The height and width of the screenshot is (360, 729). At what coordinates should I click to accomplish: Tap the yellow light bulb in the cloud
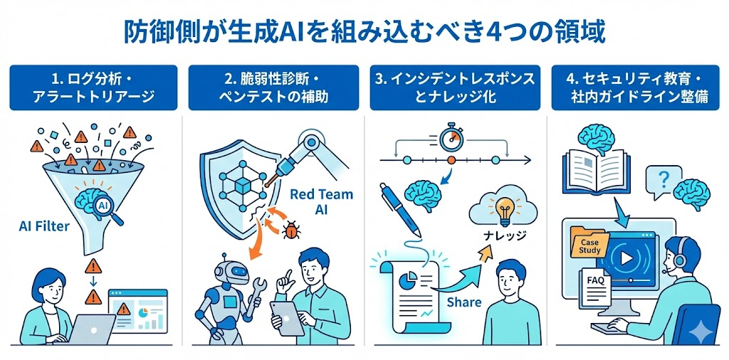click(503, 211)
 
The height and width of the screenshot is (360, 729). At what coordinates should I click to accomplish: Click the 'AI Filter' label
click(44, 226)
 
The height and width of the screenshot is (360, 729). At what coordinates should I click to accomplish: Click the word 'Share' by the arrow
click(463, 302)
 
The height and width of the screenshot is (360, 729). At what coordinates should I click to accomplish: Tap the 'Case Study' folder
click(589, 245)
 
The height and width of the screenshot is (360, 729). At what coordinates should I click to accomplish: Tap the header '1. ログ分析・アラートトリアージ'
click(93, 88)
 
